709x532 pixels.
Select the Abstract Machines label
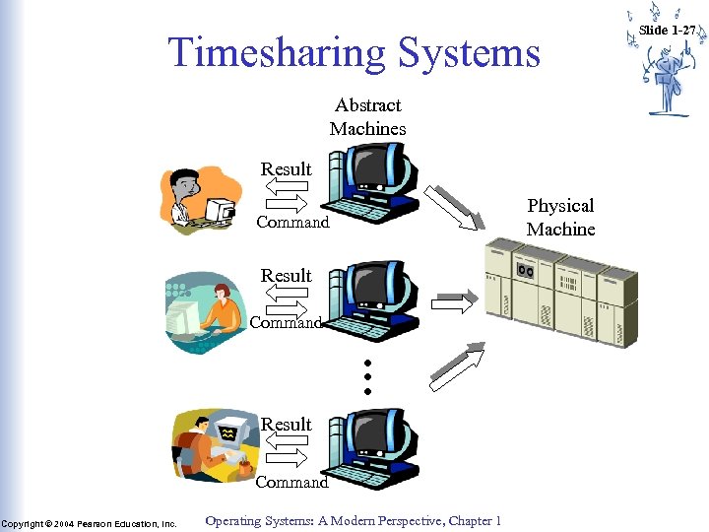click(367, 116)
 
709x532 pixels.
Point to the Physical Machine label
click(560, 217)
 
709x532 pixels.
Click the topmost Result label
click(286, 169)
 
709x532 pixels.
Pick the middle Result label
click(286, 276)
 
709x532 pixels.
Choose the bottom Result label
click(286, 425)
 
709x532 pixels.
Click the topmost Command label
click(292, 223)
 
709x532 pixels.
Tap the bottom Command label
click(292, 483)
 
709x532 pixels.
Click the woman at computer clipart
click(202, 308)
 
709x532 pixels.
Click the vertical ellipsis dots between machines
click(366, 376)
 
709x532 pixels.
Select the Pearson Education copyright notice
click(89, 523)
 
